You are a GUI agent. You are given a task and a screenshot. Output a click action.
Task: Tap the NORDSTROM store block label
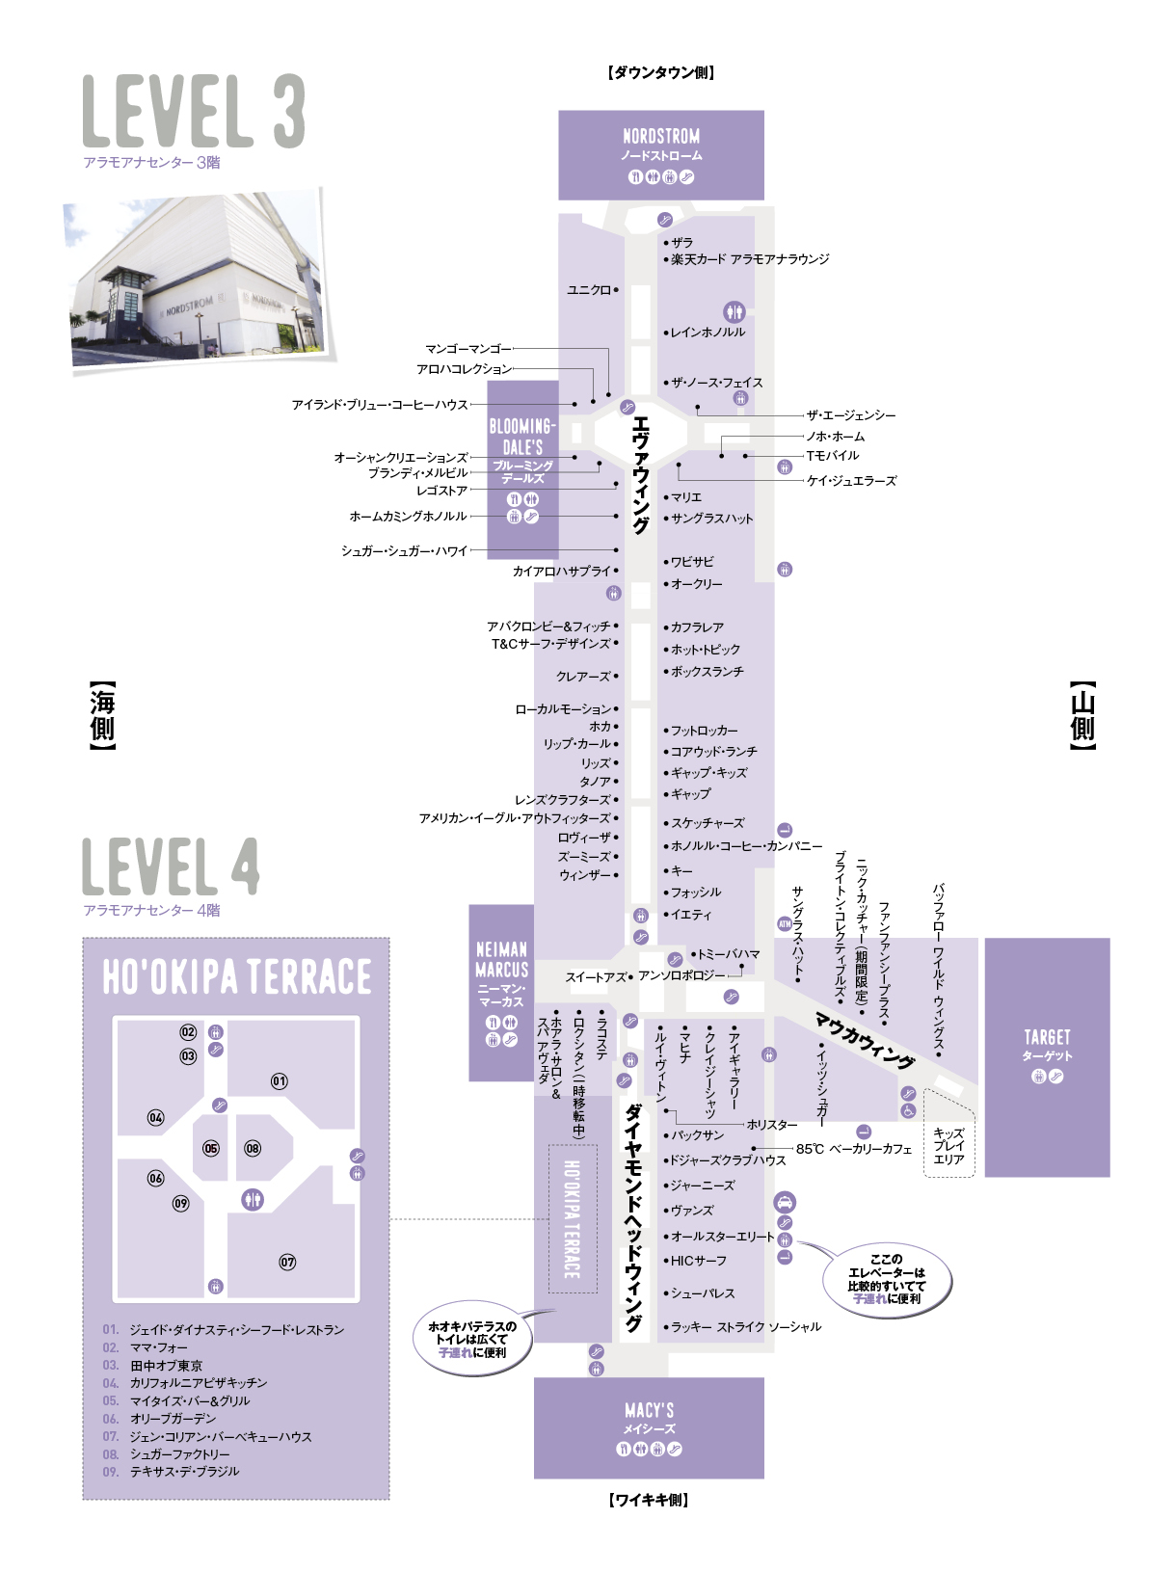click(x=661, y=136)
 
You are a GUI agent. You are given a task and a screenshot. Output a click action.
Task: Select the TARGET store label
click(x=1047, y=1037)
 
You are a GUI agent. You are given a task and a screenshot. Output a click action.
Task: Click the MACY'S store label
click(x=649, y=1410)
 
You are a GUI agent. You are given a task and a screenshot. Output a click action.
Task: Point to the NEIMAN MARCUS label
click(x=501, y=960)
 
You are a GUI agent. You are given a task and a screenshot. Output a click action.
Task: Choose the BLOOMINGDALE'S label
click(x=522, y=437)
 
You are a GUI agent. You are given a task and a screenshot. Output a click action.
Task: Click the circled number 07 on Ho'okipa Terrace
click(x=287, y=1262)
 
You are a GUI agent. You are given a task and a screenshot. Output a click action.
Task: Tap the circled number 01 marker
click(x=280, y=1081)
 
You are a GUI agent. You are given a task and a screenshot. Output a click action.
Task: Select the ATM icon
click(x=785, y=924)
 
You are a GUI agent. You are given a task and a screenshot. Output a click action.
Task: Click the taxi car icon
click(x=785, y=1202)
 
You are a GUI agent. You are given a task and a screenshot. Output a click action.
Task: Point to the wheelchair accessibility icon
click(x=908, y=1110)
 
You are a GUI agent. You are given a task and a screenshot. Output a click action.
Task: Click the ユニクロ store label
click(x=589, y=290)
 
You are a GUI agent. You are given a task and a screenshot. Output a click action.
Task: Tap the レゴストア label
click(x=441, y=491)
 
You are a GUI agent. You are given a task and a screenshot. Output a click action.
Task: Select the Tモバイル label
click(x=832, y=456)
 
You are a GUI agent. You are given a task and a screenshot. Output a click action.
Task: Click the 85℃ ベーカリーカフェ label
click(x=853, y=1149)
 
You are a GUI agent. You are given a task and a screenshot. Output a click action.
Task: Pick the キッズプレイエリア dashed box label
click(x=948, y=1146)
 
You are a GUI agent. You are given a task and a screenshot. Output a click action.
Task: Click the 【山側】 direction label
click(x=1082, y=715)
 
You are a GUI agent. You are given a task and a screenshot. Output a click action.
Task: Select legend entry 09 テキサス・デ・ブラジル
click(x=171, y=1471)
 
